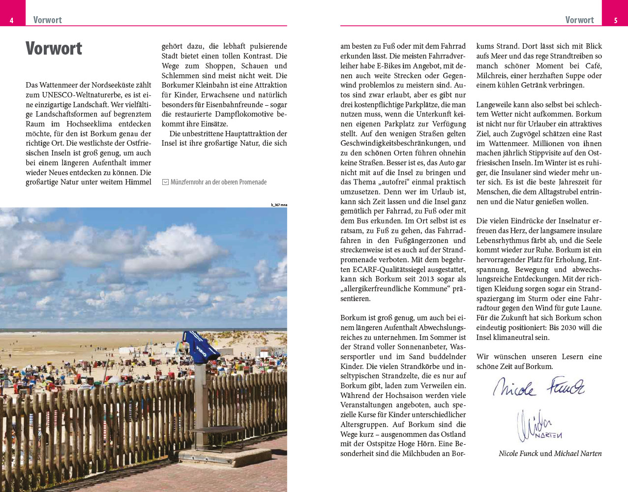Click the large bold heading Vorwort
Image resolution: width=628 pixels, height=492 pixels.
54,49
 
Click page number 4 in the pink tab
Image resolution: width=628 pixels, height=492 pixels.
11,20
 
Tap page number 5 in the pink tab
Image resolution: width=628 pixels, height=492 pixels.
616,20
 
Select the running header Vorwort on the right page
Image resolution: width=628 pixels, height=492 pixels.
579,20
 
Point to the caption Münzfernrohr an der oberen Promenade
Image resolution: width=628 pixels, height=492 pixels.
218,182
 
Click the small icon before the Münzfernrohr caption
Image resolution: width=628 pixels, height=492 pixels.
165,182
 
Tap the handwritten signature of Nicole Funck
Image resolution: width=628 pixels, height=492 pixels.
539,386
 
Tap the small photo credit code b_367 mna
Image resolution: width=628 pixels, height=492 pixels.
279,205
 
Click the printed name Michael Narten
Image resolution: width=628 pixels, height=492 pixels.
578,454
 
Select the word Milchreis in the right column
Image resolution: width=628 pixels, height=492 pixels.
492,76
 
